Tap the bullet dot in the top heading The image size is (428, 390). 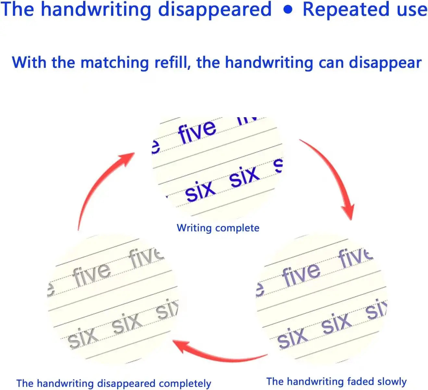pos(288,9)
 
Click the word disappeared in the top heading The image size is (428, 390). pos(215,10)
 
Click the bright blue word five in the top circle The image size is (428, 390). pos(197,131)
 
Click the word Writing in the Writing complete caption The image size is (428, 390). pos(194,228)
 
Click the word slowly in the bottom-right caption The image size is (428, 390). pos(392,381)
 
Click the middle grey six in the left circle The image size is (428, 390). pos(127,323)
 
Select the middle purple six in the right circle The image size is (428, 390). pos(337,323)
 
